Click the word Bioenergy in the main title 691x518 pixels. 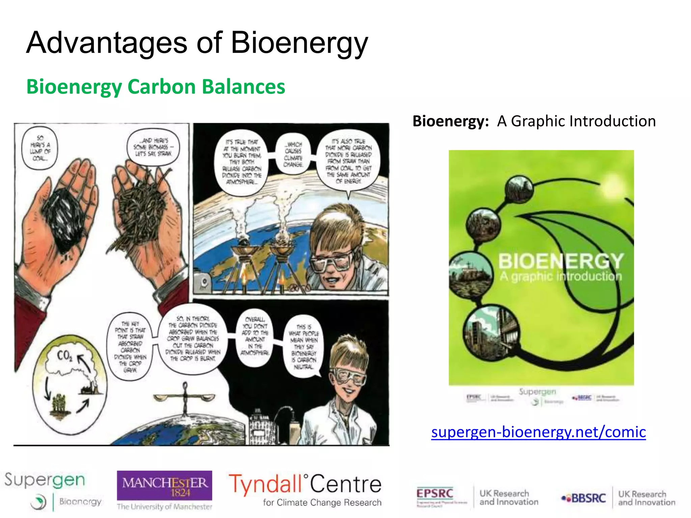point(299,43)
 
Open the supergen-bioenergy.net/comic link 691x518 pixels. point(538,432)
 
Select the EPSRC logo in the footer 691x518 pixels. point(435,494)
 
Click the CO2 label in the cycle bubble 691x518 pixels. point(64,355)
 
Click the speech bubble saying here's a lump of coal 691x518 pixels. point(40,148)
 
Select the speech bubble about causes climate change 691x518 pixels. point(293,154)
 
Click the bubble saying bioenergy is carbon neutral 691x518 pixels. point(303,347)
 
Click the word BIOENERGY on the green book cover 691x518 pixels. point(560,261)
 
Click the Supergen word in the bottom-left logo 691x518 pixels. point(45,480)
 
